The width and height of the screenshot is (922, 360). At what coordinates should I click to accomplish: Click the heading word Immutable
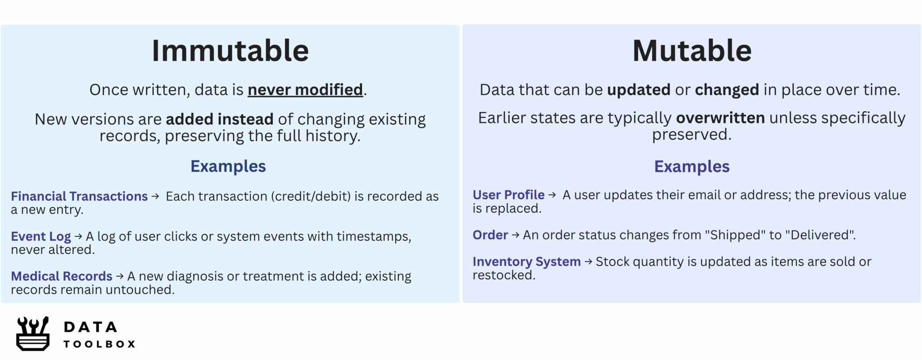[x=230, y=50]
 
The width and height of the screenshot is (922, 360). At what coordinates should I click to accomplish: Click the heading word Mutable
[x=692, y=50]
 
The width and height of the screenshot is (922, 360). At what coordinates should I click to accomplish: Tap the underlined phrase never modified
[x=305, y=90]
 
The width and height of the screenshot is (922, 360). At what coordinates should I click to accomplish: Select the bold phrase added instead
[x=220, y=119]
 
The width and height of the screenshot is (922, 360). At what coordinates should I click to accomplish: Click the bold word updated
[x=638, y=90]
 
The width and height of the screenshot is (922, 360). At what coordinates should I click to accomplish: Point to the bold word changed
[x=727, y=90]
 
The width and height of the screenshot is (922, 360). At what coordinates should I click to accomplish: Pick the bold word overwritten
[x=720, y=118]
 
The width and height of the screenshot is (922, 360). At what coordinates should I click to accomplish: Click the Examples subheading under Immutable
[x=228, y=166]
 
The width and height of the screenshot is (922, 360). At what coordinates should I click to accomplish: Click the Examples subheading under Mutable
[x=691, y=166]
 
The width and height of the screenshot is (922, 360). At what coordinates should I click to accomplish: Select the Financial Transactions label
[x=79, y=196]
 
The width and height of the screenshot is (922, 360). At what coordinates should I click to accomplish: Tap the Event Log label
[x=41, y=236]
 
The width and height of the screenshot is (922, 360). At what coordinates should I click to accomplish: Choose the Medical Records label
[x=62, y=276]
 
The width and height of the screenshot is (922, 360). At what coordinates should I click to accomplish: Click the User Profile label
[x=509, y=195]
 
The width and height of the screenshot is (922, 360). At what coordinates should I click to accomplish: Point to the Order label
[x=490, y=235]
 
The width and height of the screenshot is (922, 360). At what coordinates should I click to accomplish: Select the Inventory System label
[x=527, y=261]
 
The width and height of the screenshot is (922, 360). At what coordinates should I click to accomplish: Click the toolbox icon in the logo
[x=33, y=334]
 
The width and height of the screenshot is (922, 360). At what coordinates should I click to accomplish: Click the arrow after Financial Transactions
[x=155, y=196]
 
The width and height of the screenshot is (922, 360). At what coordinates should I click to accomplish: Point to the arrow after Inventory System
[x=588, y=261]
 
